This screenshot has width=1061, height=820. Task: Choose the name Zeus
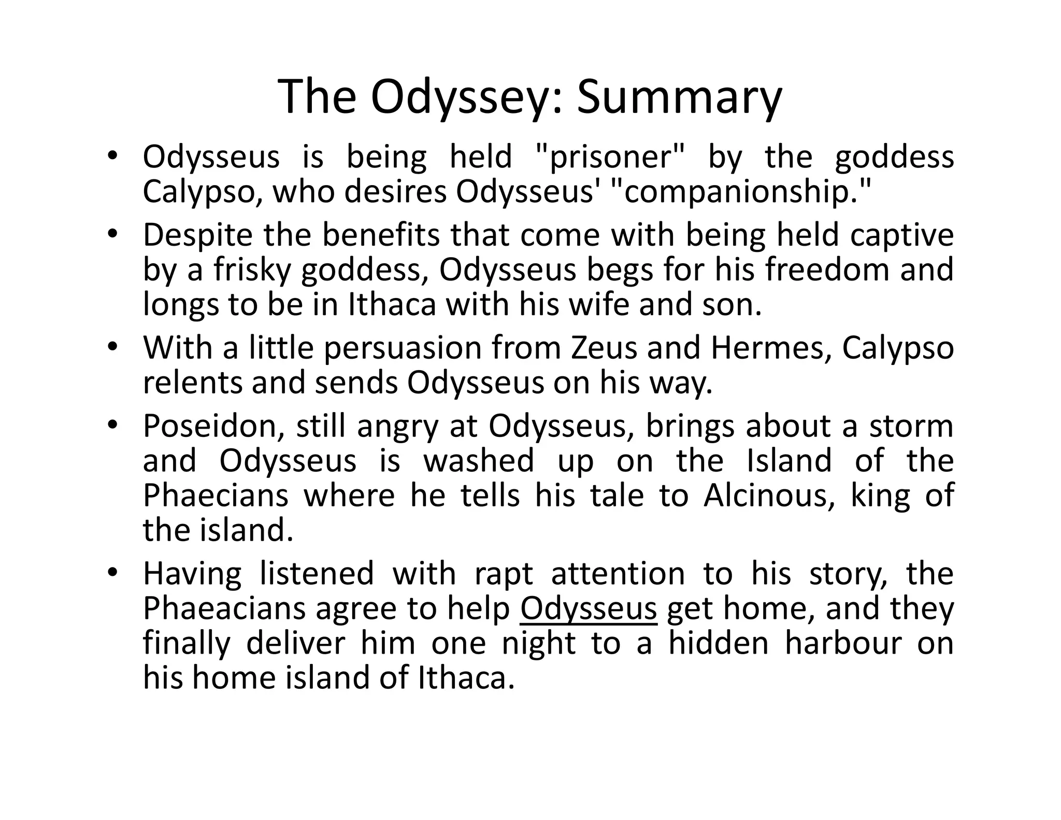(x=604, y=348)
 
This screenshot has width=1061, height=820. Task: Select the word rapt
(x=504, y=574)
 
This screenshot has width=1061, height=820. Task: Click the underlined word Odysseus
(x=589, y=609)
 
